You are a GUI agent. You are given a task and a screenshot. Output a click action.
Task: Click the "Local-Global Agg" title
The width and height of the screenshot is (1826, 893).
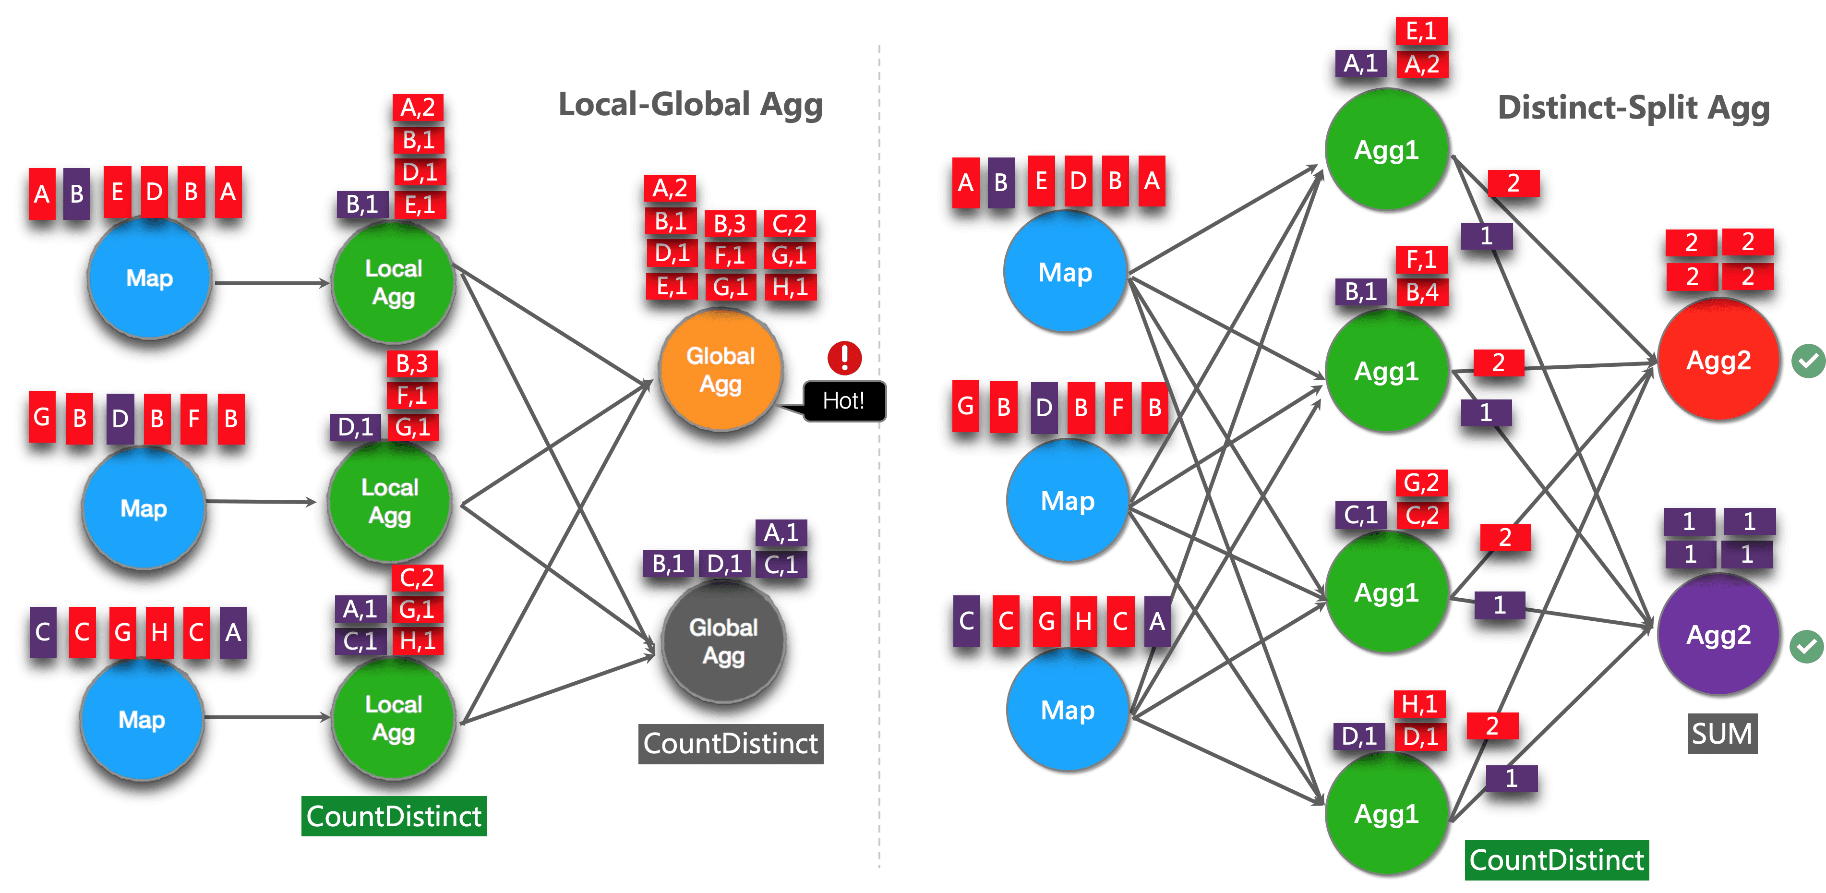click(690, 105)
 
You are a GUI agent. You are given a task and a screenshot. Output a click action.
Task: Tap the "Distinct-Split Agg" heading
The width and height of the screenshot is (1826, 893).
click(1633, 109)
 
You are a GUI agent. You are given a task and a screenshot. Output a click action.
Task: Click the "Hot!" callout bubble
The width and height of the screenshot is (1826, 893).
click(843, 401)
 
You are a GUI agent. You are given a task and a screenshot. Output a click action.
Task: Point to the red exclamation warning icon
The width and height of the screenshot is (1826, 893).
click(844, 357)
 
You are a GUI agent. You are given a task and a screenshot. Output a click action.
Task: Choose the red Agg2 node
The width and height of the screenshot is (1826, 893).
click(1718, 360)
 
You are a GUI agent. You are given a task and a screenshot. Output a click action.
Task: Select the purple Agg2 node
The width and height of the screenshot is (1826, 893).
click(1718, 634)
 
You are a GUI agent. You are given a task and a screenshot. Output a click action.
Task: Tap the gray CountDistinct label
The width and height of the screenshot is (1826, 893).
click(730, 744)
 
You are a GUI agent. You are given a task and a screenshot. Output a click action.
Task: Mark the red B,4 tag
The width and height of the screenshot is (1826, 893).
click(1422, 292)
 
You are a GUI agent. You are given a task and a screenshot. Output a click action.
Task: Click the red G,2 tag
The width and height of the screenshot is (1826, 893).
click(1421, 483)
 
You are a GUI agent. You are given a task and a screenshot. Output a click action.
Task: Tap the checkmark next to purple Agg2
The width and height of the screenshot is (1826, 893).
click(1806, 646)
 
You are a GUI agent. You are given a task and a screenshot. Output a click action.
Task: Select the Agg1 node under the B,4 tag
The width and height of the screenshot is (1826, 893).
click(1386, 371)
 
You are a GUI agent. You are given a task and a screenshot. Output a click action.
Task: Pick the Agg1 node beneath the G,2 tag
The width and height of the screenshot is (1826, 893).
click(1386, 592)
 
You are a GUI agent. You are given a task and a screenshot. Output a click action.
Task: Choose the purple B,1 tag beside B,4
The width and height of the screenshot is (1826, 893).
click(1360, 291)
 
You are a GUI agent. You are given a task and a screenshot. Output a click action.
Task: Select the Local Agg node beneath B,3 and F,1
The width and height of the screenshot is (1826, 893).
click(390, 502)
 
